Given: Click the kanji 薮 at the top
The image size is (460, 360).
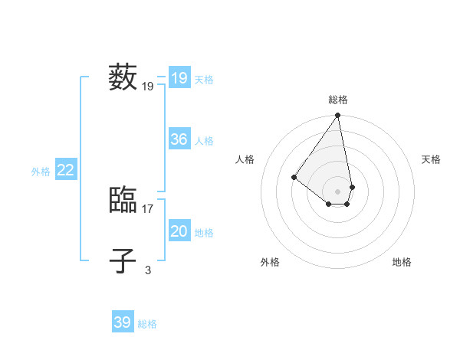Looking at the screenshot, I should click(x=123, y=77).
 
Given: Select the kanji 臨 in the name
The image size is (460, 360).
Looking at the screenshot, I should click(x=123, y=201).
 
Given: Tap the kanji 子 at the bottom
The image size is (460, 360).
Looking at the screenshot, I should click(x=123, y=260).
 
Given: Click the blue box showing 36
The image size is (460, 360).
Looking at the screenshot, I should click(x=179, y=139).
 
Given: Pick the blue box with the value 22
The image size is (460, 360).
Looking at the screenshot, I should click(x=65, y=170).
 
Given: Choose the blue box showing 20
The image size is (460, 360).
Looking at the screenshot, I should click(x=179, y=231).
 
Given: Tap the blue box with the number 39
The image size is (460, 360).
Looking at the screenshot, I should click(x=122, y=322).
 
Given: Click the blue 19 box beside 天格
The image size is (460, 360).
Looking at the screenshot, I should click(x=179, y=78).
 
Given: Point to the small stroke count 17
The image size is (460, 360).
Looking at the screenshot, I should click(x=148, y=208).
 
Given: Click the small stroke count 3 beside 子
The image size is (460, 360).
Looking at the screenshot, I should click(x=148, y=270).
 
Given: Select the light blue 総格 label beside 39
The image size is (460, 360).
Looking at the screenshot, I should click(x=147, y=324).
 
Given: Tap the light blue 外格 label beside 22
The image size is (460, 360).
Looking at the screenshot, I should click(x=41, y=172).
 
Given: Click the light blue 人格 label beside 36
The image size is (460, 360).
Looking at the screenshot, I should click(x=204, y=141).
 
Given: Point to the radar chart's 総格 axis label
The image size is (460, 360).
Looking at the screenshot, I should click(x=337, y=100).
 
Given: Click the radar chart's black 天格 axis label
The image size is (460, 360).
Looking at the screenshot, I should click(x=431, y=159).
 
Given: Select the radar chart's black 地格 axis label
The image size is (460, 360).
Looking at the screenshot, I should click(x=402, y=262).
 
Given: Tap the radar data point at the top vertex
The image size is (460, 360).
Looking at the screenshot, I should click(x=337, y=116).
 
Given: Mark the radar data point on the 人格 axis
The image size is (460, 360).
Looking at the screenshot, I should click(x=294, y=177).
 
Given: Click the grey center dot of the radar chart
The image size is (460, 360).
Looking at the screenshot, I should click(x=337, y=191).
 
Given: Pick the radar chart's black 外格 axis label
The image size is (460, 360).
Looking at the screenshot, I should click(x=270, y=262).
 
